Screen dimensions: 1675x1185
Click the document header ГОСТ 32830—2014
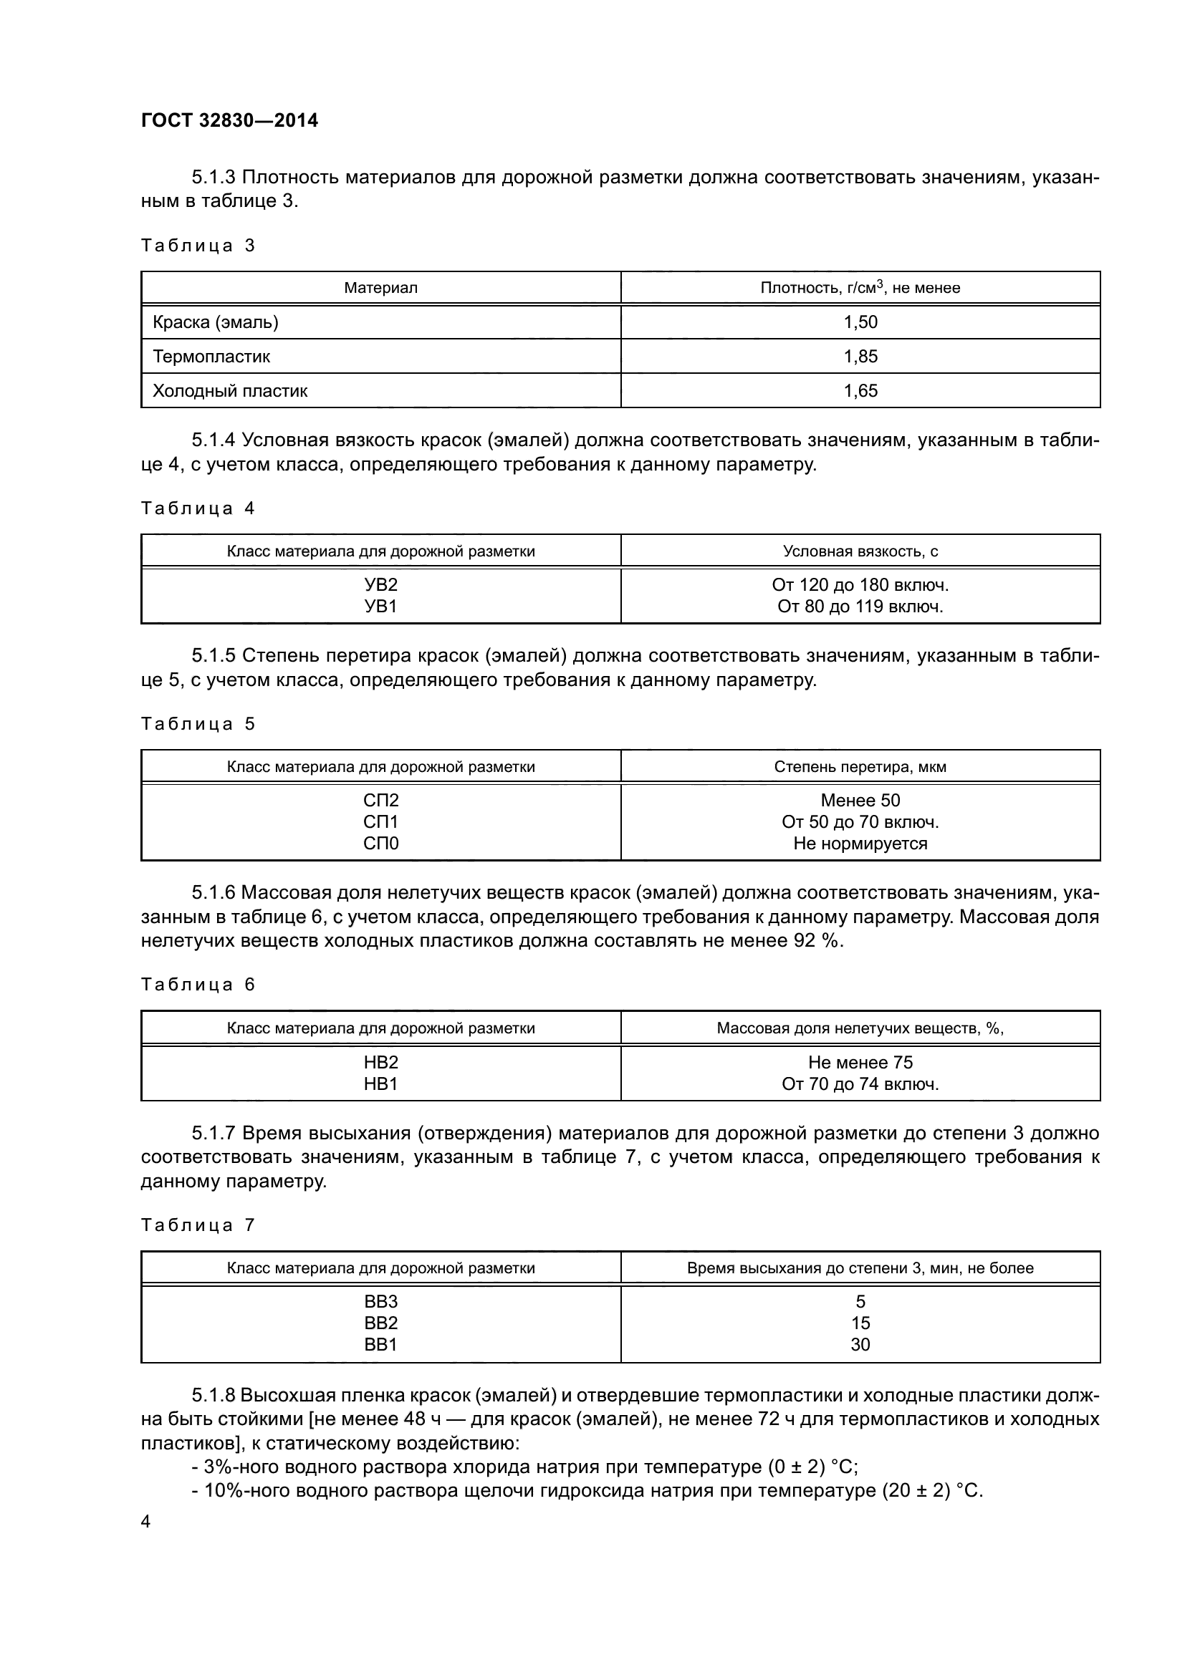pyautogui.click(x=229, y=120)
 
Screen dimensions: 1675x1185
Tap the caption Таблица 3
pyautogui.click(x=198, y=246)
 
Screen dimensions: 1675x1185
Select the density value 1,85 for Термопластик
pyautogui.click(x=860, y=357)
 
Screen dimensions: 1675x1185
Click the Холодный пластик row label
pyautogui.click(x=230, y=391)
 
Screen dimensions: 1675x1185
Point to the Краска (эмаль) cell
pyautogui.click(x=215, y=322)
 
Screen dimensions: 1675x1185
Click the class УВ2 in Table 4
pyautogui.click(x=380, y=585)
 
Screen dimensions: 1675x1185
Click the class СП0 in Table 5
pyautogui.click(x=380, y=844)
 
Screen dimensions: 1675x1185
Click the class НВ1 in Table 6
pyautogui.click(x=380, y=1084)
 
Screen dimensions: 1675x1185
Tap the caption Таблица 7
pyautogui.click(x=198, y=1225)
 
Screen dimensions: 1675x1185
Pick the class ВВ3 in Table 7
pyautogui.click(x=380, y=1302)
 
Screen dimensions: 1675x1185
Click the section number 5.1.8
pyautogui.click(x=213, y=1396)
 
